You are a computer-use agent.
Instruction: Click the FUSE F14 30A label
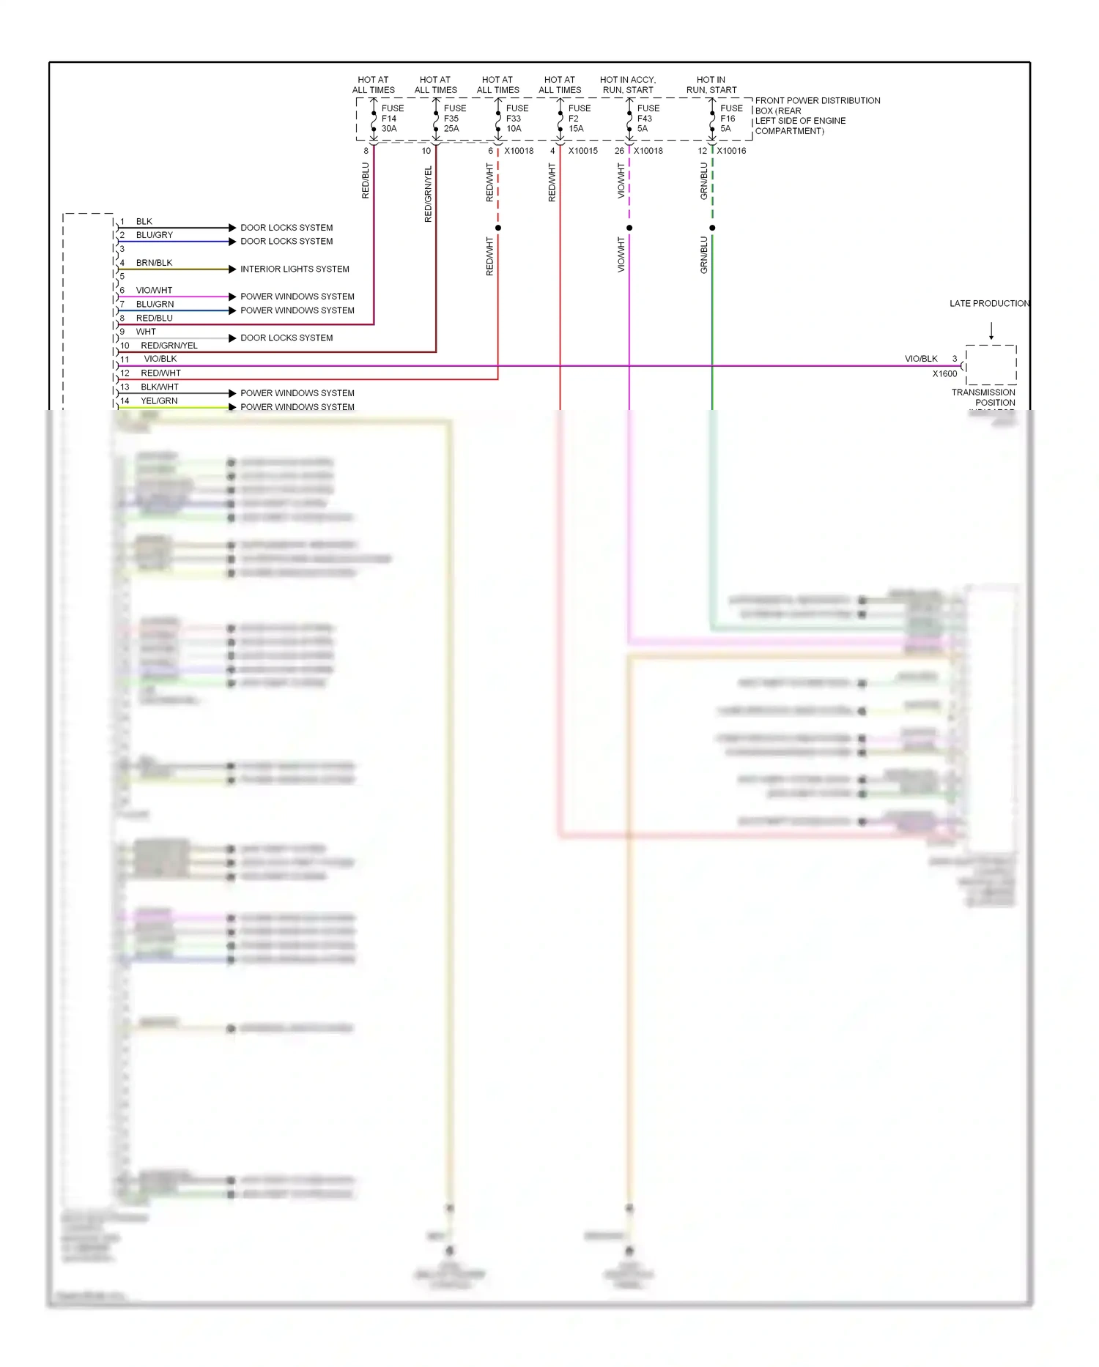click(x=392, y=119)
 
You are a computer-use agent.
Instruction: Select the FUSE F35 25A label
click(x=454, y=119)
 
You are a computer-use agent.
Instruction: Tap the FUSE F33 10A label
click(x=517, y=119)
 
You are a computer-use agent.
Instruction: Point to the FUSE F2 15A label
click(x=579, y=119)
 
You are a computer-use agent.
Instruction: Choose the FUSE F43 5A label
click(x=648, y=119)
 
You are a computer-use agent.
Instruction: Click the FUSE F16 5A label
click(x=730, y=119)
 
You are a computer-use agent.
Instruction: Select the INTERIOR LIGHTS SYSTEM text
click(x=295, y=269)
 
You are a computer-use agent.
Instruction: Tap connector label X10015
click(x=583, y=152)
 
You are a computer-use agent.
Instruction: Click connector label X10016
click(x=731, y=152)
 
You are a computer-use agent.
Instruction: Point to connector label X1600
click(x=944, y=374)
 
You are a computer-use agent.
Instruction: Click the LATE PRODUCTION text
click(x=989, y=304)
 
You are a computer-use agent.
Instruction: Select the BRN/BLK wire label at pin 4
click(x=154, y=263)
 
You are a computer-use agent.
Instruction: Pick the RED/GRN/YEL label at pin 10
click(x=169, y=346)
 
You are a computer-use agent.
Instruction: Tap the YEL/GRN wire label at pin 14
click(x=159, y=401)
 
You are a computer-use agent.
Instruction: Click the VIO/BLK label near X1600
click(x=921, y=359)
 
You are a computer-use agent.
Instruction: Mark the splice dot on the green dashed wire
click(x=712, y=228)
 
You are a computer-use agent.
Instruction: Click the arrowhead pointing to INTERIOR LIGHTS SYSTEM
click(x=232, y=269)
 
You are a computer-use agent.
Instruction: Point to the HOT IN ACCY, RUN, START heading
click(x=628, y=85)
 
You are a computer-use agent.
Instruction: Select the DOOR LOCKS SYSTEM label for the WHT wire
click(x=286, y=338)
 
